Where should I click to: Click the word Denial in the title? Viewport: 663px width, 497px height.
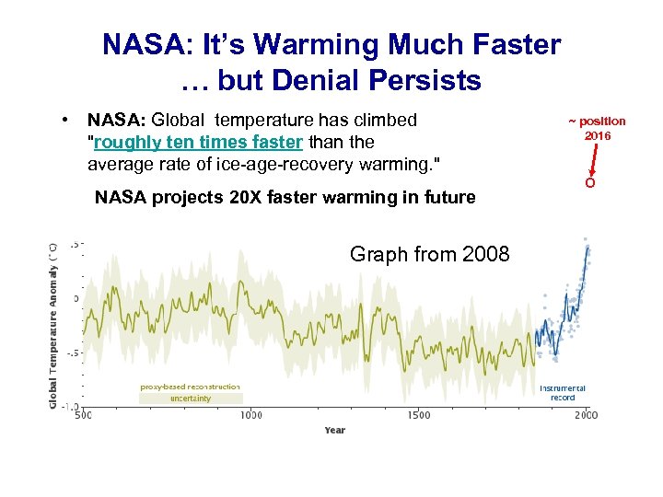point(303,81)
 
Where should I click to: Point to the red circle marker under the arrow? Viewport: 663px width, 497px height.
point(589,182)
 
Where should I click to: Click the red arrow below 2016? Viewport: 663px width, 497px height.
point(593,157)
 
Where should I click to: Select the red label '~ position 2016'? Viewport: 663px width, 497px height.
point(596,128)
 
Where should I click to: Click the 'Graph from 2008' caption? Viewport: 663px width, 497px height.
point(429,254)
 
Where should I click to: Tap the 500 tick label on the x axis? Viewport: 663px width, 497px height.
point(83,415)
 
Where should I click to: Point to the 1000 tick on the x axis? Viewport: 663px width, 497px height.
point(250,415)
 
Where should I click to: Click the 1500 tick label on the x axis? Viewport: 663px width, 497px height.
point(419,415)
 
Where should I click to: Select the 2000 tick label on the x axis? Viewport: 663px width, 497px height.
point(587,415)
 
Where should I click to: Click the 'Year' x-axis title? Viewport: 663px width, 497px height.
point(334,430)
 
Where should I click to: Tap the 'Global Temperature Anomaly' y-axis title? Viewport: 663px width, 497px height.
point(53,324)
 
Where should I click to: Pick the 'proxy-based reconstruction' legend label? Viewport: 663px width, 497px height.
point(190,387)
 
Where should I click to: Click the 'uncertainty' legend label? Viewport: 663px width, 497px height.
point(190,399)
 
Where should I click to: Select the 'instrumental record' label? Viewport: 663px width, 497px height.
point(563,393)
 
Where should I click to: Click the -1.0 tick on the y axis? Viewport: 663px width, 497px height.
point(70,407)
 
